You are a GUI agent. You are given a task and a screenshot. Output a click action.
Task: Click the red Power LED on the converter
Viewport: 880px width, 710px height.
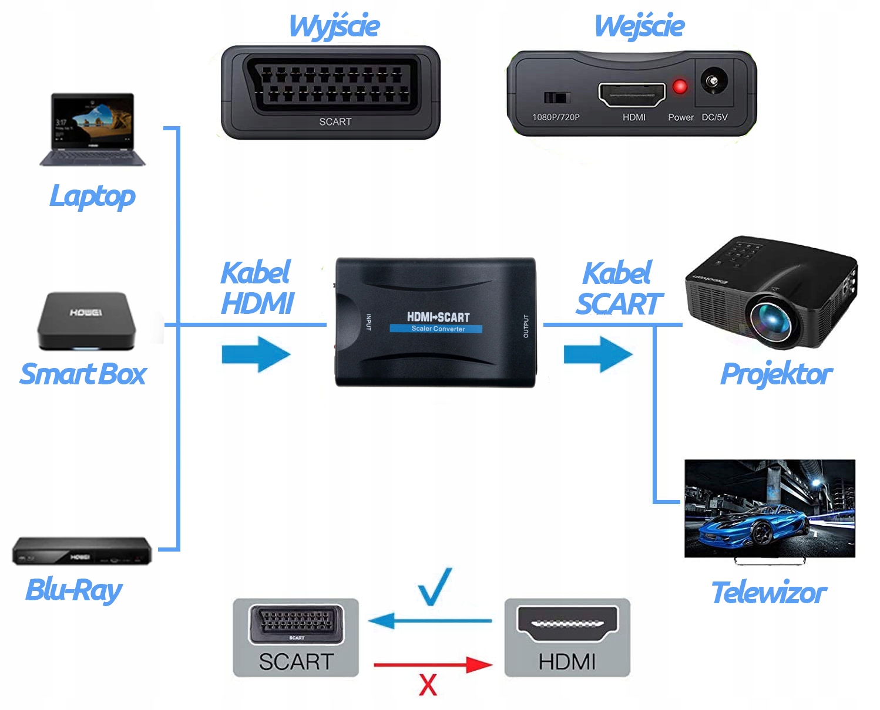[x=680, y=87]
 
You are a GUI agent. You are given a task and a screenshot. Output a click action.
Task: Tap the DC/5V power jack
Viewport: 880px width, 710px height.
[x=714, y=82]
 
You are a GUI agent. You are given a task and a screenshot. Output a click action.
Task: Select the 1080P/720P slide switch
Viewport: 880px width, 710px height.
[x=556, y=97]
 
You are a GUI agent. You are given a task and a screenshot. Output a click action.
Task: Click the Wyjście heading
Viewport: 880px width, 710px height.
[x=334, y=26]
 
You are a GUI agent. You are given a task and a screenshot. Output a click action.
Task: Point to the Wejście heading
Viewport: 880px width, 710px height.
[x=639, y=26]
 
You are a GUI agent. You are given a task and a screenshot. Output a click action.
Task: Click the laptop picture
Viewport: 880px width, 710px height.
[x=93, y=129]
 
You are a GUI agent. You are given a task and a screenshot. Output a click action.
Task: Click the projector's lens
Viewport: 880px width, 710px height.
[x=773, y=317]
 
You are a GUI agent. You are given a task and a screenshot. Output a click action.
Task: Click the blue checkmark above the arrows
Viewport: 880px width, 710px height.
[x=435, y=586]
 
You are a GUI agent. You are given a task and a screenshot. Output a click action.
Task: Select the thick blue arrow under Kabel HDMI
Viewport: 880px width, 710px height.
[x=256, y=354]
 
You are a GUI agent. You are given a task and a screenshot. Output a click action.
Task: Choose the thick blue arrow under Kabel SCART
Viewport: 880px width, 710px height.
[x=598, y=354]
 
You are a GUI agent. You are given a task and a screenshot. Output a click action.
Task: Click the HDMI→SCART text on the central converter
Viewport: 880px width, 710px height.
[x=438, y=317]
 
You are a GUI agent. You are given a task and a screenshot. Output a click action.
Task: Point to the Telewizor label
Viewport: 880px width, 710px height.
[x=768, y=593]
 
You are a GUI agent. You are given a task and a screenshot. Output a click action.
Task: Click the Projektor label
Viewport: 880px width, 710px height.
[x=776, y=374]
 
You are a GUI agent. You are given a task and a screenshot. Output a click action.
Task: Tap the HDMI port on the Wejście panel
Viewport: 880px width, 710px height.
[x=632, y=94]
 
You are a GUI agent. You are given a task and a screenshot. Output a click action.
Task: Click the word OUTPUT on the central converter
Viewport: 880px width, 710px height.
[x=526, y=326]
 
